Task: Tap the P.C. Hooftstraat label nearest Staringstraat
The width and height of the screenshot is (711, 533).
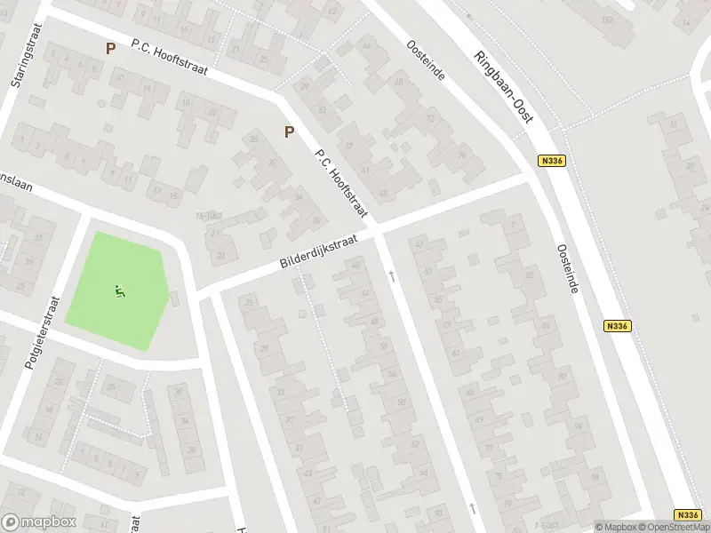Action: tap(168, 57)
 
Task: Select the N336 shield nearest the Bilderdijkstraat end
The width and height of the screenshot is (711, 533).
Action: tap(552, 161)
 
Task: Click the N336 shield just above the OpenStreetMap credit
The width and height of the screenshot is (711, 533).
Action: tap(687, 514)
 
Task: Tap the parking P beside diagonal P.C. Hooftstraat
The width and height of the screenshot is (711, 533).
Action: tap(289, 132)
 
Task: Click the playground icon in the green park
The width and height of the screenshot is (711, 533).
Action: tap(121, 290)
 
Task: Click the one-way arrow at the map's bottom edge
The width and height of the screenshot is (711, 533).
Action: tap(473, 508)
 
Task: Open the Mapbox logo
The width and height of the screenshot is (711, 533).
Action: tap(40, 522)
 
